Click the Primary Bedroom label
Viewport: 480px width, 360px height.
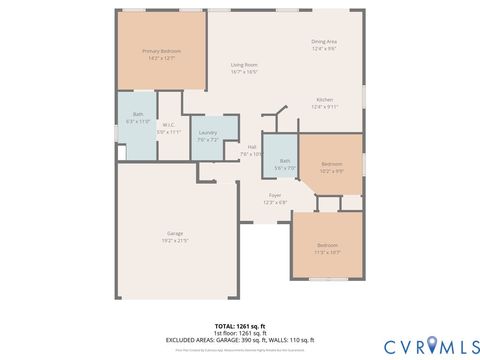[x=160, y=50]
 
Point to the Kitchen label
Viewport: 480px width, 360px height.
[x=325, y=100]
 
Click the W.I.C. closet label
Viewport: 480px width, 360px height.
[x=169, y=125]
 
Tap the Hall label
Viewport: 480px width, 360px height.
[x=252, y=147]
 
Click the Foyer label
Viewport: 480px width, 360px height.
[x=274, y=195]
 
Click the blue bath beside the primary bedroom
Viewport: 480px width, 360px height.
[x=138, y=117]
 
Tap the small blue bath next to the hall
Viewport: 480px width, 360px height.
[x=285, y=162]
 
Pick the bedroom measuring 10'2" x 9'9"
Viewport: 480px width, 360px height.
[x=332, y=167]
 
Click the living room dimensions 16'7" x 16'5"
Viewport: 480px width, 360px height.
[x=245, y=71]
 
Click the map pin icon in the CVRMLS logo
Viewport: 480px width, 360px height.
[x=432, y=345]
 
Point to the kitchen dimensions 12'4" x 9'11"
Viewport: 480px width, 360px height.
[x=325, y=107]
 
